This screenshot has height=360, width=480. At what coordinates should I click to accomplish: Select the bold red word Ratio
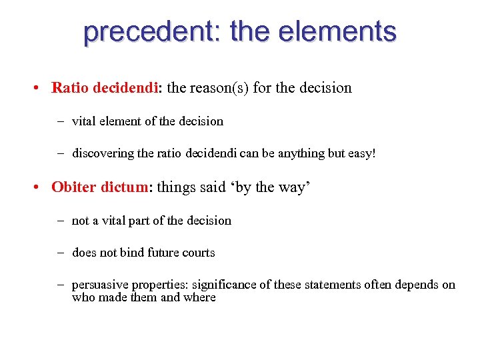[71, 87]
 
